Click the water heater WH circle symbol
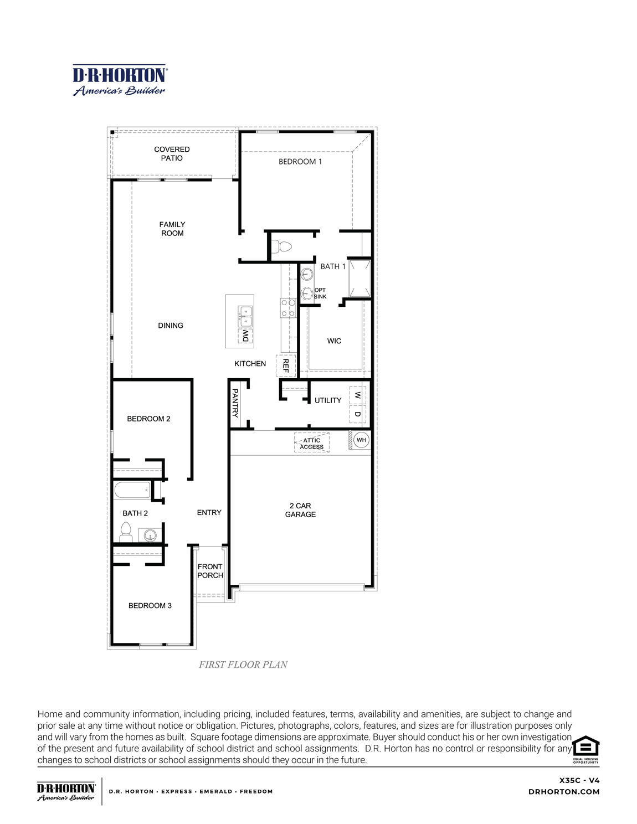(361, 440)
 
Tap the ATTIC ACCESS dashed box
(312, 443)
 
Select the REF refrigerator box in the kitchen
(286, 365)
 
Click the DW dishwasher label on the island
(245, 336)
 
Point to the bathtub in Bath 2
(132, 490)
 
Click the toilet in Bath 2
(126, 532)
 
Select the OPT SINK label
(320, 293)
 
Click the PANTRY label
(235, 403)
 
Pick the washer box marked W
(358, 395)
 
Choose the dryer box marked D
(358, 414)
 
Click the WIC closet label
(334, 341)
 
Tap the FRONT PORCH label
(210, 571)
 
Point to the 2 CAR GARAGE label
(300, 510)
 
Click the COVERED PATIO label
(172, 153)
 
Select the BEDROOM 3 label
(150, 606)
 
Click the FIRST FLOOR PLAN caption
(243, 665)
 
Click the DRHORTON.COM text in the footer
(564, 792)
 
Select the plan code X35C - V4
(579, 780)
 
